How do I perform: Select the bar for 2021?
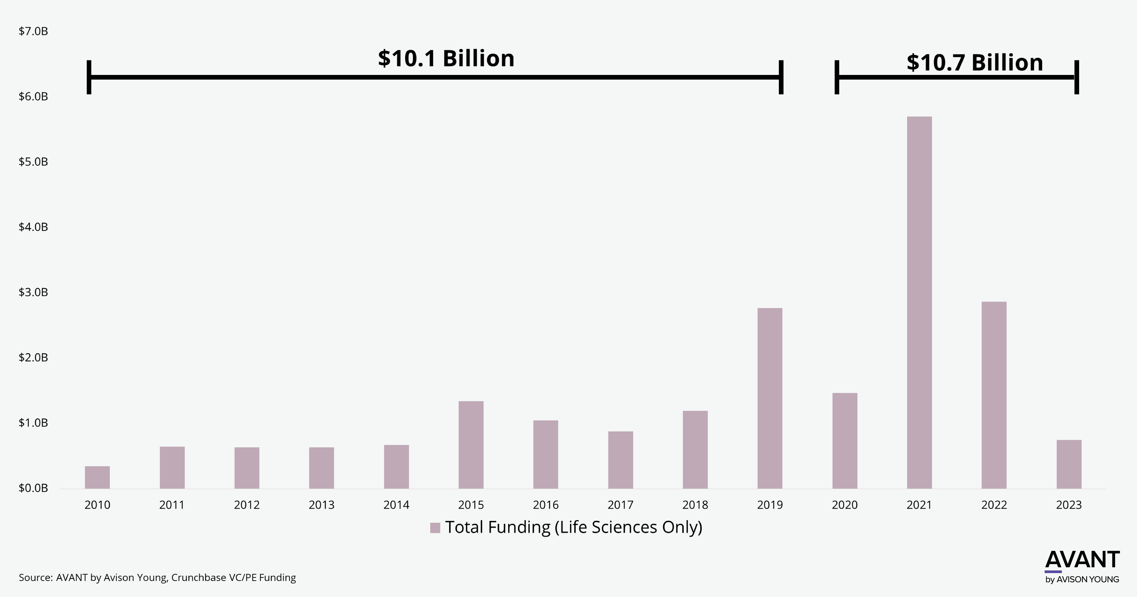tap(919, 302)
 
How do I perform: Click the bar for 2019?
tap(770, 398)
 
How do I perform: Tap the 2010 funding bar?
tap(97, 477)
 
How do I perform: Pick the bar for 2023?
tap(1069, 464)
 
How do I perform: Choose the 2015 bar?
tap(471, 445)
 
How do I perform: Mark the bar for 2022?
tap(994, 395)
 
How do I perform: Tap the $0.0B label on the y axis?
tap(33, 488)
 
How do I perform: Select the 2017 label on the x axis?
tap(620, 505)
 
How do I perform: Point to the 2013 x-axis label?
tap(321, 505)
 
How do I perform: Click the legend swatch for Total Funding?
tap(435, 528)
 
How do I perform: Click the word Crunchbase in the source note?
tap(199, 578)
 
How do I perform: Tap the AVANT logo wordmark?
tap(1082, 560)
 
